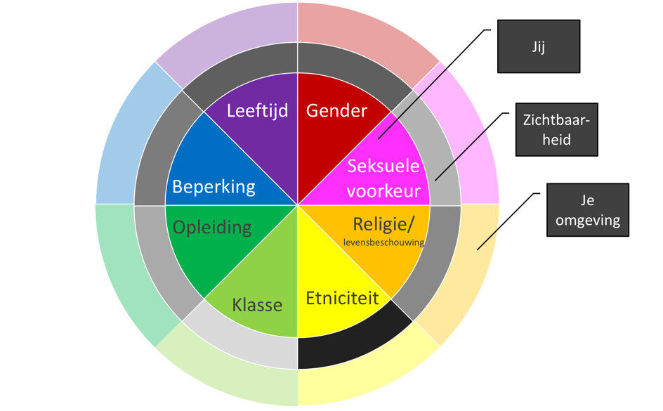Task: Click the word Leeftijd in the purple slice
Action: coord(258,111)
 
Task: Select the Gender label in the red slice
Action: coord(336,111)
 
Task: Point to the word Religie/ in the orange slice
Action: coord(383,224)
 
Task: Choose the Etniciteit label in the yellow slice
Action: coord(342,298)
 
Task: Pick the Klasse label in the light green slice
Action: coord(257,305)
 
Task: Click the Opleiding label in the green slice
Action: coord(212,227)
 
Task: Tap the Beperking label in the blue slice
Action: coord(214,188)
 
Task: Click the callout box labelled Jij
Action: coord(539,46)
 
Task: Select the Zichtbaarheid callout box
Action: coord(556,130)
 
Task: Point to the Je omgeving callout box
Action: coord(588,210)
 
